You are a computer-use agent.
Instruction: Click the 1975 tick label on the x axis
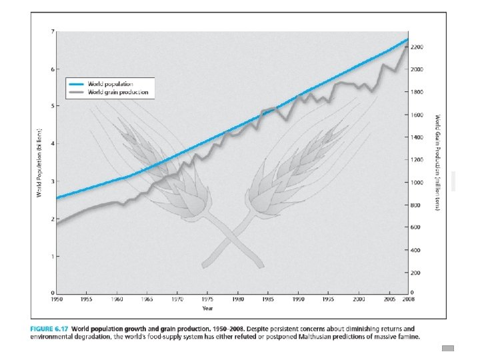[x=207, y=299]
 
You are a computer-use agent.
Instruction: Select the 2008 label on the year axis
[x=409, y=299]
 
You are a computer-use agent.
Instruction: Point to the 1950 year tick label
[x=57, y=299]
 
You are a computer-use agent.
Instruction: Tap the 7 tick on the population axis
[x=53, y=31]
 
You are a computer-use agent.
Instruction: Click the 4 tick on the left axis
[x=53, y=143]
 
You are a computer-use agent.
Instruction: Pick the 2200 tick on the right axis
[x=417, y=47]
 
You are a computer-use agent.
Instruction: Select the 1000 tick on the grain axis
[x=417, y=183]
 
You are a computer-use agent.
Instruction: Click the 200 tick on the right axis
[x=415, y=273]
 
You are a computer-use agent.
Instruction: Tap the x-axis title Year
[x=207, y=308]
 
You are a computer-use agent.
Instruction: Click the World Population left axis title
[x=39, y=162]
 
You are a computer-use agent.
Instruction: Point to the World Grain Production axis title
[x=438, y=163]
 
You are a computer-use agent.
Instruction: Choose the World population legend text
[x=111, y=84]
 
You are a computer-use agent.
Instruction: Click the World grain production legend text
[x=118, y=92]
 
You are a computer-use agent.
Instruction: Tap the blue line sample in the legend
[x=76, y=84]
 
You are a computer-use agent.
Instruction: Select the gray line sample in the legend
[x=76, y=93]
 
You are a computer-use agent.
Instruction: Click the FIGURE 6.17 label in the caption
[x=49, y=329]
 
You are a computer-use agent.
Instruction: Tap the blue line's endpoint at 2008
[x=408, y=39]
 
